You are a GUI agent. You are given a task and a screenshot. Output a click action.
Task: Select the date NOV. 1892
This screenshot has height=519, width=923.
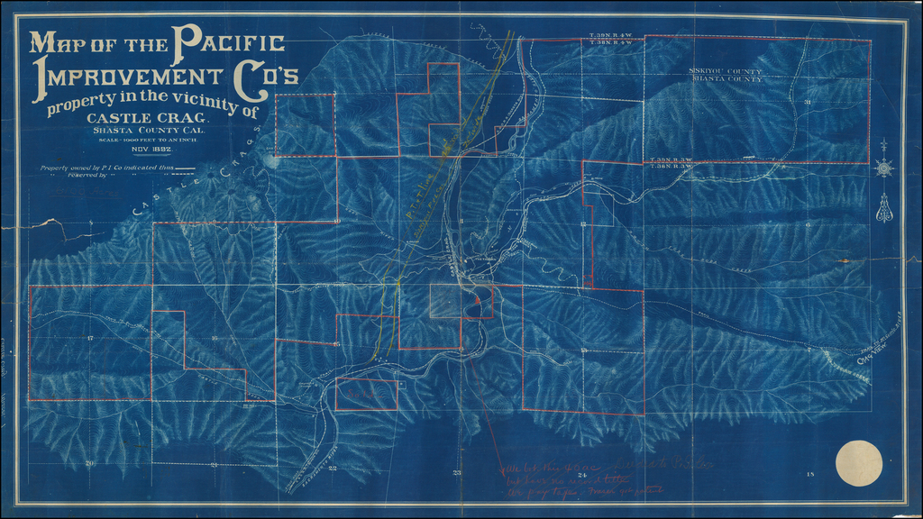point(154,148)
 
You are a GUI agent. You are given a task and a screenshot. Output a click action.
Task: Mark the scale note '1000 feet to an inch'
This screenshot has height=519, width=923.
point(148,138)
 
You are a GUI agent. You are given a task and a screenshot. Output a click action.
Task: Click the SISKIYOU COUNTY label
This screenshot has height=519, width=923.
point(726,71)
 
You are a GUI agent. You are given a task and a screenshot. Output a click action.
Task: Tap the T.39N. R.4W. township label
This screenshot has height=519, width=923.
point(609,34)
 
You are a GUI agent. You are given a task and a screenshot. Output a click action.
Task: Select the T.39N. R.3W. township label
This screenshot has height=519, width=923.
point(673,159)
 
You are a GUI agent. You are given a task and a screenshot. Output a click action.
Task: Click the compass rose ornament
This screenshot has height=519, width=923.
point(884,167)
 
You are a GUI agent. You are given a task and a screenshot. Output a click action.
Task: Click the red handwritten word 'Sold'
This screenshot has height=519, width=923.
point(364,394)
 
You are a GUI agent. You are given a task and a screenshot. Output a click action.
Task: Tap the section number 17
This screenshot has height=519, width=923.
point(91,338)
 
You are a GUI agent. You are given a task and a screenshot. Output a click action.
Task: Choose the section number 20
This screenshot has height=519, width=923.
point(89,463)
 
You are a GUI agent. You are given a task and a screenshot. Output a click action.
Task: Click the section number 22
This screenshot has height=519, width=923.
point(333,469)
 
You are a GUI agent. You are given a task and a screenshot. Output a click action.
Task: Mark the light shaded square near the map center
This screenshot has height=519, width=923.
point(448,300)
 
